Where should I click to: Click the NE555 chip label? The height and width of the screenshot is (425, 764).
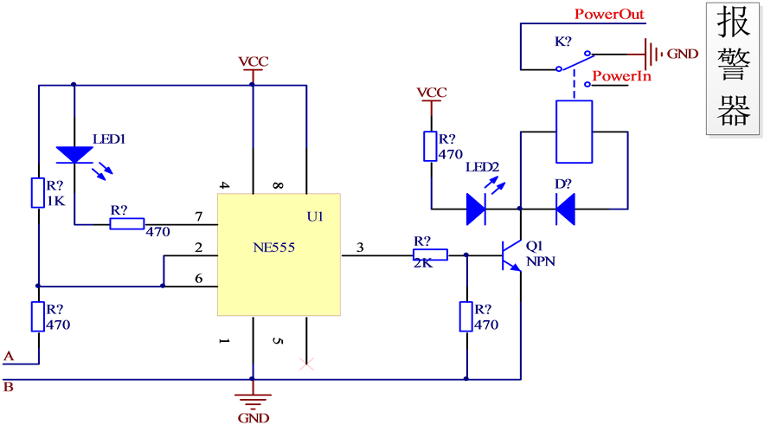pyautogui.click(x=274, y=248)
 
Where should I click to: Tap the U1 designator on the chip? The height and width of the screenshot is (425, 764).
pyautogui.click(x=315, y=216)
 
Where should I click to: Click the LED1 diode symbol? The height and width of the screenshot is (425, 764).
pyautogui.click(x=74, y=155)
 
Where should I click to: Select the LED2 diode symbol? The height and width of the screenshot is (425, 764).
pyautogui.click(x=475, y=209)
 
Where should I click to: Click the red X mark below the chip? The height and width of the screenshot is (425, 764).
pyautogui.click(x=305, y=364)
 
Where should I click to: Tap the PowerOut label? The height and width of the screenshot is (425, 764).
pyautogui.click(x=609, y=15)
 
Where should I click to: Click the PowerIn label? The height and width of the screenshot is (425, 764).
pyautogui.click(x=621, y=77)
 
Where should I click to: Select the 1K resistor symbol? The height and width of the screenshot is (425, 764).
pyautogui.click(x=37, y=193)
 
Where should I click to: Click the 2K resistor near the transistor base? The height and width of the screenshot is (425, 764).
pyautogui.click(x=430, y=254)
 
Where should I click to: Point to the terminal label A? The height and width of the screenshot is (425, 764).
pyautogui.click(x=10, y=356)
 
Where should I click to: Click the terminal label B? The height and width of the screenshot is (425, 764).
pyautogui.click(x=9, y=387)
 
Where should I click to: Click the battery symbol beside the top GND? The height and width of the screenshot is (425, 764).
pyautogui.click(x=648, y=52)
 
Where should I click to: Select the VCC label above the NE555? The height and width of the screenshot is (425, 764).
pyautogui.click(x=254, y=62)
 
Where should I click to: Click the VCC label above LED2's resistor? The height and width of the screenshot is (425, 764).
pyautogui.click(x=431, y=93)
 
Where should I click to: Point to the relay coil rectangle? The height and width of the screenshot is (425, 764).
pyautogui.click(x=574, y=132)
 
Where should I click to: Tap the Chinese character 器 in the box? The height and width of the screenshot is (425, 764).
pyautogui.click(x=735, y=110)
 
